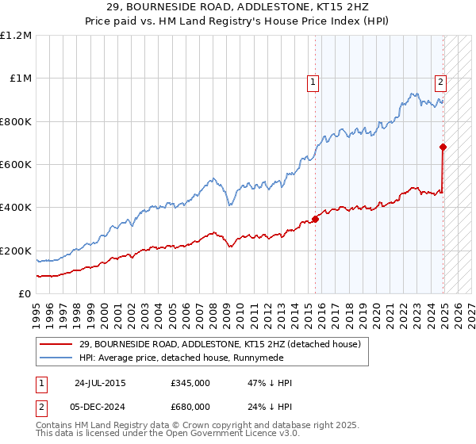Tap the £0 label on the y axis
pyautogui.click(x=25, y=294)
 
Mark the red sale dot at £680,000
pyautogui.click(x=443, y=147)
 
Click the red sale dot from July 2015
pyautogui.click(x=315, y=219)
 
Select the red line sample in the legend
pyautogui.click(x=56, y=344)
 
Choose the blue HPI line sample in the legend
pyautogui.click(x=56, y=358)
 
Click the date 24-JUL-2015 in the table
pyautogui.click(x=100, y=382)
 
